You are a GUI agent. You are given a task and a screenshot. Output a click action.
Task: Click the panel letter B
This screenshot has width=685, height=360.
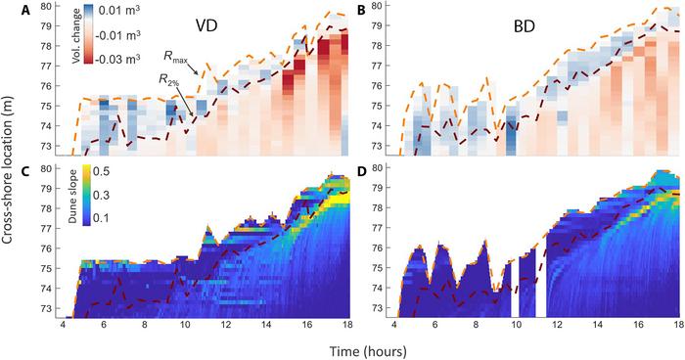click(x=362, y=11)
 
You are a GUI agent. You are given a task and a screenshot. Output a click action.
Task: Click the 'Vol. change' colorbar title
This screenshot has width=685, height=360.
click(x=77, y=35)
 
